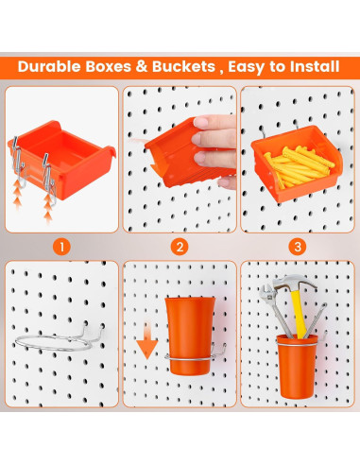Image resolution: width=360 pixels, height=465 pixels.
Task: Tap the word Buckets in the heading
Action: (183, 66)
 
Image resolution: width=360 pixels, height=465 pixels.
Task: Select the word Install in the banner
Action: (315, 66)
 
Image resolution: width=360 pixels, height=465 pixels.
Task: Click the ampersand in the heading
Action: (141, 67)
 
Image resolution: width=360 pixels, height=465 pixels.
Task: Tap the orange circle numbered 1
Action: (61, 247)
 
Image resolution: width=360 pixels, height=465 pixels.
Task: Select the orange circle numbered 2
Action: (180, 247)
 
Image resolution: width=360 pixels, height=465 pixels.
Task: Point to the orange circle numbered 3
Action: (298, 247)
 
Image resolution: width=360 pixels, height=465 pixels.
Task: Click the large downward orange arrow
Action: (146, 340)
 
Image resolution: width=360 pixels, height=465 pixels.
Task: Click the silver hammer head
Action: (295, 282)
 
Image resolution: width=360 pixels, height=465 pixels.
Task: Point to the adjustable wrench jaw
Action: (266, 292)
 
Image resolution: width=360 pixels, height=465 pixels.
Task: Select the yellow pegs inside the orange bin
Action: (299, 166)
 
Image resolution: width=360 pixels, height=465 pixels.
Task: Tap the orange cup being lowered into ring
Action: (190, 336)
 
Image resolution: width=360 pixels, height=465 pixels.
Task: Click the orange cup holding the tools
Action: (297, 366)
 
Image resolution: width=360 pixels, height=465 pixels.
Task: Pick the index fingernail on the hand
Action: (200, 121)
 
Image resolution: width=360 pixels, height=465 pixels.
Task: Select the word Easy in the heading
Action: (247, 67)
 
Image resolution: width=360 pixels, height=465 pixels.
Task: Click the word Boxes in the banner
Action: (109, 66)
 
